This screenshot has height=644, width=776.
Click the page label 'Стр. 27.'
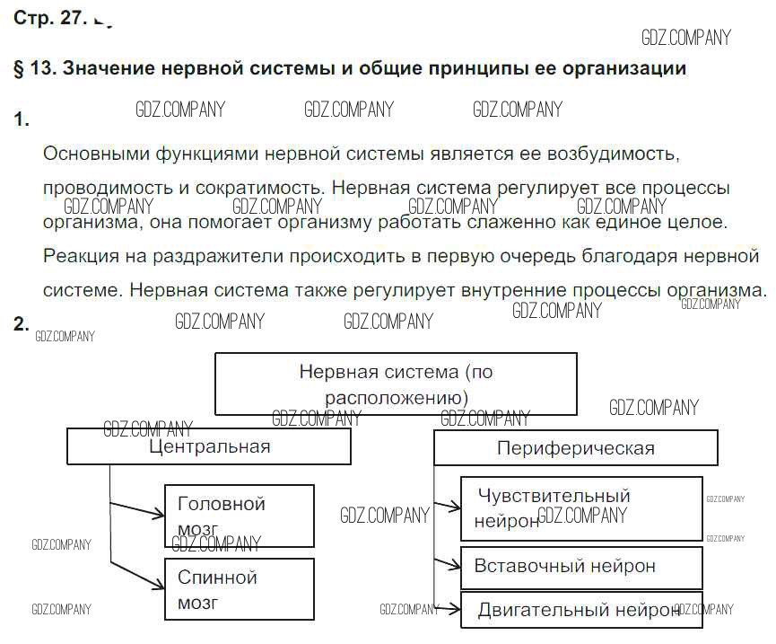48,19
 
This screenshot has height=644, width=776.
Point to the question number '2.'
22,324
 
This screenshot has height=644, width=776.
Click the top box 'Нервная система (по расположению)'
396,384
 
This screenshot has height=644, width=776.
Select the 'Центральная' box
209,446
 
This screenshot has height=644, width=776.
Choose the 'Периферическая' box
575,447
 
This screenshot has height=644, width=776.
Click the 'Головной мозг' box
240,516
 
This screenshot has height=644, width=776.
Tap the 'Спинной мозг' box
240,589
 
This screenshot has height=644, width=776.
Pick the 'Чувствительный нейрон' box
580,508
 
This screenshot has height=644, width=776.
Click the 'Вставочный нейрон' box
580,567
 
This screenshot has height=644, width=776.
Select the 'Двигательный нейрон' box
580,610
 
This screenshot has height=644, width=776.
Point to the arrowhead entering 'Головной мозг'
160,516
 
